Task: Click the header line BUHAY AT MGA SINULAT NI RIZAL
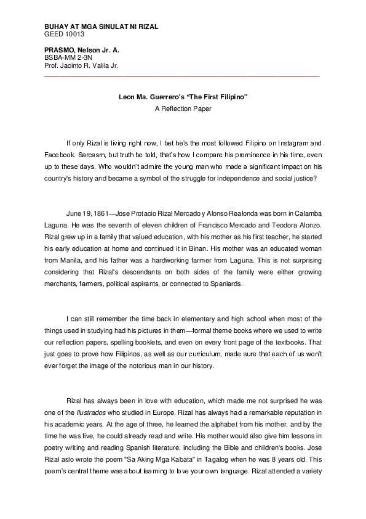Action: [101, 27]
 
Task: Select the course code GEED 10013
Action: [65, 35]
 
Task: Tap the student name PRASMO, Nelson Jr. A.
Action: [82, 49]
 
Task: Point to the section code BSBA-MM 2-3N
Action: [69, 57]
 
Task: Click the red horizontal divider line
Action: [182, 76]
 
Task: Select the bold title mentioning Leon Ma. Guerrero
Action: [183, 97]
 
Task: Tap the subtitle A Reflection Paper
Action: [183, 108]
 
